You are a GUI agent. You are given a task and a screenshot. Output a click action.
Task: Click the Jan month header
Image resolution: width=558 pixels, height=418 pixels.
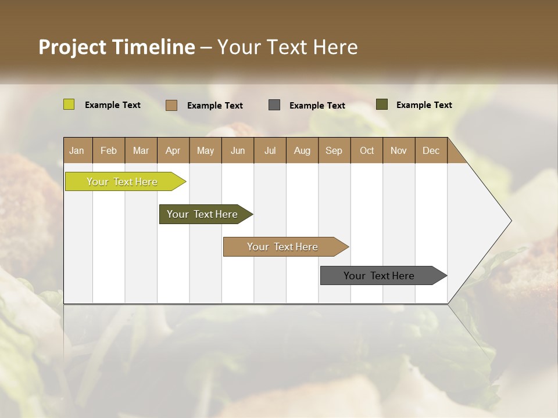(x=77, y=150)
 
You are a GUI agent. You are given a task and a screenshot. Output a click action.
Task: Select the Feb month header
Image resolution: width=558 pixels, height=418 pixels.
(x=109, y=150)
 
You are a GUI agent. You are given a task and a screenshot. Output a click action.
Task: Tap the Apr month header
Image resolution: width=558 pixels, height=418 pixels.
(x=173, y=150)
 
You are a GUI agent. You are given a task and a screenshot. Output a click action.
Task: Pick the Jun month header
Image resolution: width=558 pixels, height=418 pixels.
(x=238, y=150)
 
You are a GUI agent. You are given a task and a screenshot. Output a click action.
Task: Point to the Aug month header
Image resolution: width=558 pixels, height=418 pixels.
(x=302, y=150)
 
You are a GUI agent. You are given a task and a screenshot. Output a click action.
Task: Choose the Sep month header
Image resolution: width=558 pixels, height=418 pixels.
(x=334, y=150)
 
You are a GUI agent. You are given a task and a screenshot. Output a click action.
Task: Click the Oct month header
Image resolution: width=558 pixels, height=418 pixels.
(x=367, y=150)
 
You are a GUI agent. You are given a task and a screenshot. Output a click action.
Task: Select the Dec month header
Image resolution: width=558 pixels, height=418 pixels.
(x=431, y=150)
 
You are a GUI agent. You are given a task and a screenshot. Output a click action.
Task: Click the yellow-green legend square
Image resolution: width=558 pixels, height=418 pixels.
(x=69, y=105)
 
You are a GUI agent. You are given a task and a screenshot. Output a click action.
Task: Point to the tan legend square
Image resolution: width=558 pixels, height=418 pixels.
(x=171, y=105)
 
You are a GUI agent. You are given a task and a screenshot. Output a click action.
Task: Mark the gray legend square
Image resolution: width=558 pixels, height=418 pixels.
(x=274, y=105)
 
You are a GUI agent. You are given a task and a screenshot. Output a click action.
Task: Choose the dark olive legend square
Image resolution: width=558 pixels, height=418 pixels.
(x=381, y=105)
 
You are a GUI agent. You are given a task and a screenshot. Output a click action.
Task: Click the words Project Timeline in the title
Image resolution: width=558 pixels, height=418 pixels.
(x=117, y=47)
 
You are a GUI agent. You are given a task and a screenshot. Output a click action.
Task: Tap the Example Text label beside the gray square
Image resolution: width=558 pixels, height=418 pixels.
(x=317, y=106)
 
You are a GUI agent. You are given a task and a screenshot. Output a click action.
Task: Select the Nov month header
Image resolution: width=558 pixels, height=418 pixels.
(x=398, y=150)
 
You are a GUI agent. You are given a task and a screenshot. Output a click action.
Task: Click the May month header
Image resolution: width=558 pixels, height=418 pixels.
(x=205, y=150)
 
